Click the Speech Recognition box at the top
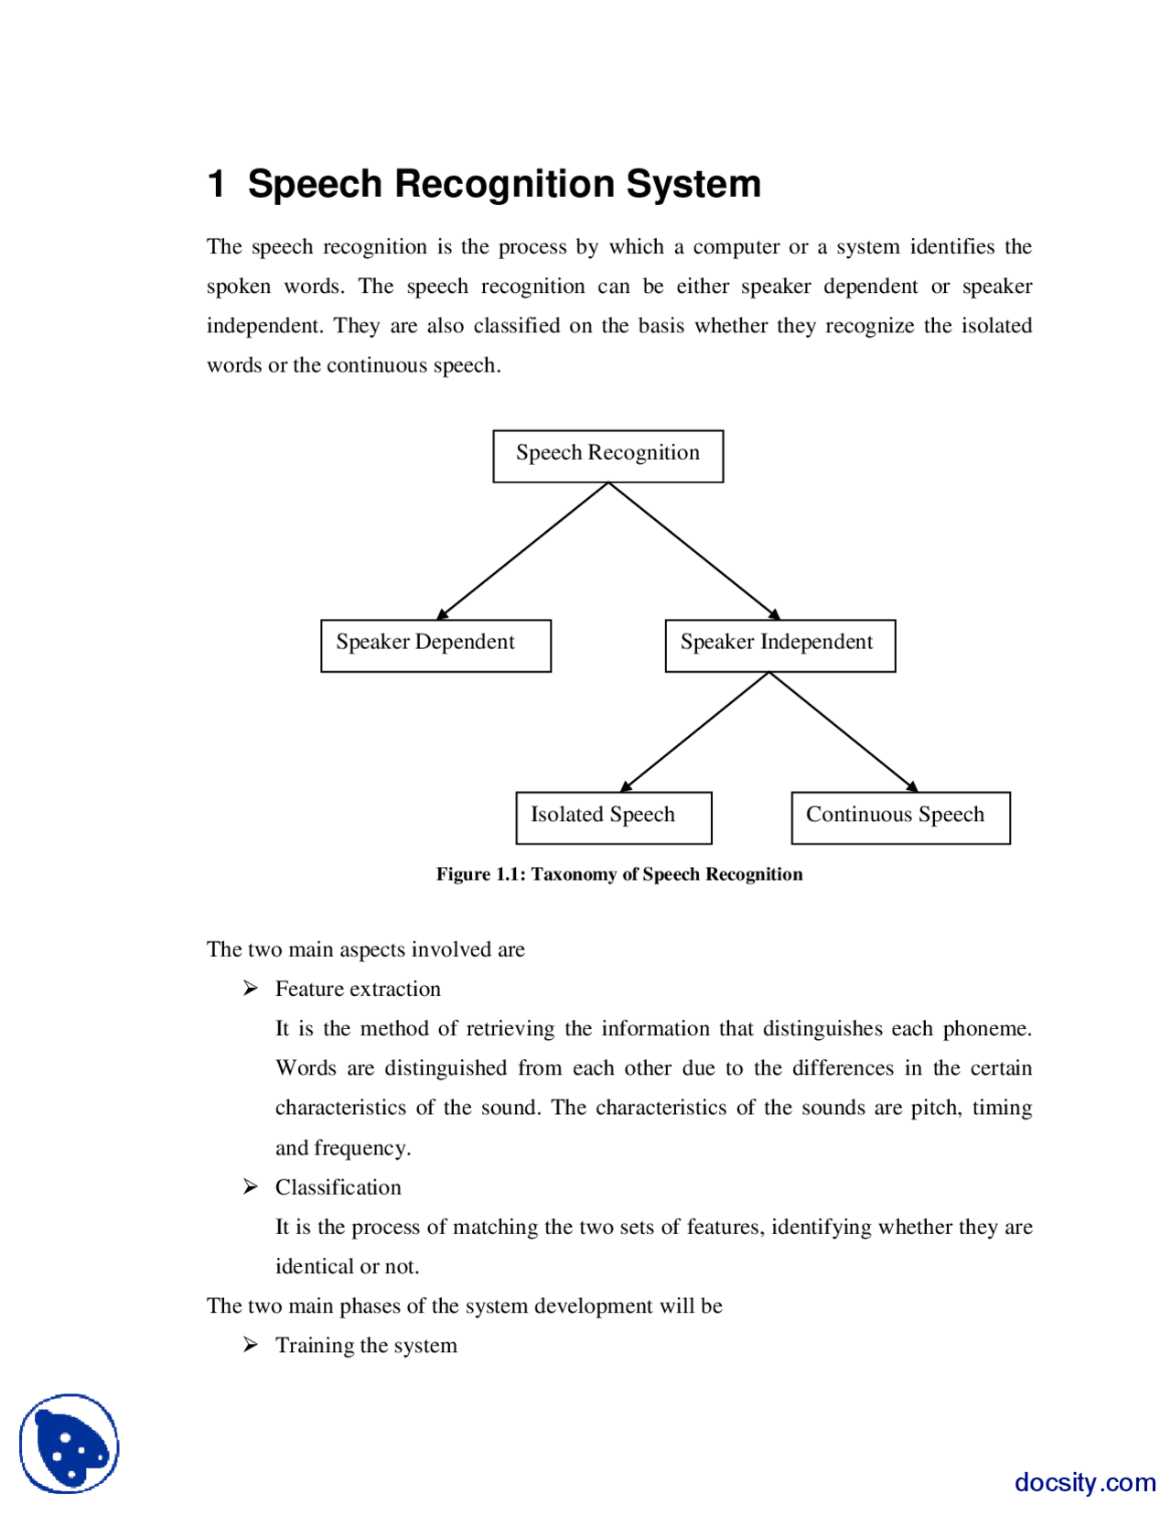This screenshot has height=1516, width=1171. [x=607, y=455]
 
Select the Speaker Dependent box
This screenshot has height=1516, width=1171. [x=435, y=644]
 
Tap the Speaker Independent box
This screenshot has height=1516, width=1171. [x=779, y=644]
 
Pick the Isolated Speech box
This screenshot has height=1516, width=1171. [x=613, y=817]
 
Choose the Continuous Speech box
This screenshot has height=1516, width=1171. [x=899, y=817]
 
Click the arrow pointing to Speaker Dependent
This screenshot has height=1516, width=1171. [x=522, y=550]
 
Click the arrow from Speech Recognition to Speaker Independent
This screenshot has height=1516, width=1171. [x=693, y=550]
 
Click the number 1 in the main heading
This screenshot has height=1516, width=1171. [x=217, y=184]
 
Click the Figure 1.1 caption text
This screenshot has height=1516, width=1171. [x=618, y=873]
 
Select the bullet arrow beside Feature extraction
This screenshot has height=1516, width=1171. [x=250, y=988]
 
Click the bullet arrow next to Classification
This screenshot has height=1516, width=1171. [x=250, y=1186]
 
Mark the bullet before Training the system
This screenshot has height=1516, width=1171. [x=250, y=1344]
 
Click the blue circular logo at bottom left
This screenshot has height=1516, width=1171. [x=70, y=1443]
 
